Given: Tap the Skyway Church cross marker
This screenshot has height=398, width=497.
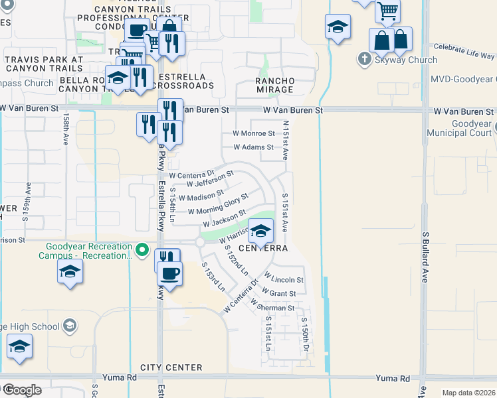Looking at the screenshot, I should click(363, 60).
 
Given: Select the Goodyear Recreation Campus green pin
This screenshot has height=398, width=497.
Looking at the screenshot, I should click(141, 250).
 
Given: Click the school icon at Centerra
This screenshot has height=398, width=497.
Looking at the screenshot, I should click(261, 230).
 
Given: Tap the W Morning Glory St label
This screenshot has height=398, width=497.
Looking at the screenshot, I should click(218, 204).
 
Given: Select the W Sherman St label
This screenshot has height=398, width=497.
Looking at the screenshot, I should click(272, 308).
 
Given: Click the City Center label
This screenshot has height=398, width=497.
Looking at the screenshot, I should click(171, 367).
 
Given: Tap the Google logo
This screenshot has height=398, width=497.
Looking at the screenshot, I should click(21, 390).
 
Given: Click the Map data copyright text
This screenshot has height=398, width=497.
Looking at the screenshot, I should click(469, 393).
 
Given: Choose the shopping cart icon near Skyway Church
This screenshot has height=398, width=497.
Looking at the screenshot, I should click(387, 11).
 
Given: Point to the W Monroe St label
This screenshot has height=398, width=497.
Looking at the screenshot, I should click(253, 133).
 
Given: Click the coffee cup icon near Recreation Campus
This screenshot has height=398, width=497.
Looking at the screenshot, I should click(170, 275).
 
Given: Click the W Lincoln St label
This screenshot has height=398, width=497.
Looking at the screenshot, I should click(284, 280).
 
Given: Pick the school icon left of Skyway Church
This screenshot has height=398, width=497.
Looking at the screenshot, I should click(338, 28).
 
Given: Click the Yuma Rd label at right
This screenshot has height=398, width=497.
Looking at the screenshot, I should click(392, 379).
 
